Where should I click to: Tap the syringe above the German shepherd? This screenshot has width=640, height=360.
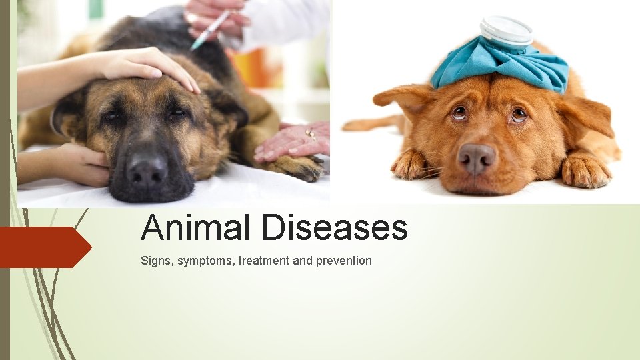[x=210, y=30]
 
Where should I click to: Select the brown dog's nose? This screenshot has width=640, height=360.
[x=477, y=157]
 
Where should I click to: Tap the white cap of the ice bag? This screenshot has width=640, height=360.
[x=506, y=29]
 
